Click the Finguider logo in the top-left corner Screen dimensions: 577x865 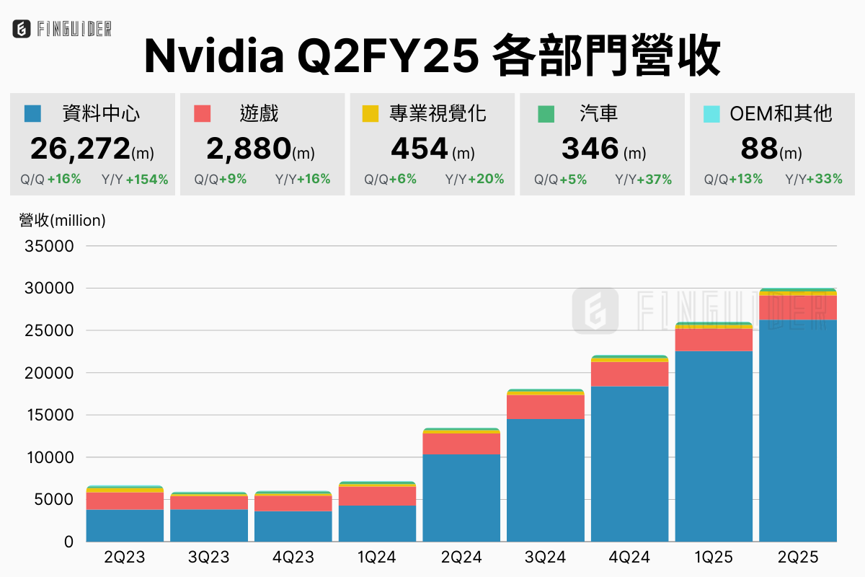[62, 29]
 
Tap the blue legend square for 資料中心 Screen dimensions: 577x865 [32, 113]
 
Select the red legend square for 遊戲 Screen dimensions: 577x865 [203, 113]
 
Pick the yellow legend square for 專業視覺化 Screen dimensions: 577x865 [371, 113]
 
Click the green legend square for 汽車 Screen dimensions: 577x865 [546, 113]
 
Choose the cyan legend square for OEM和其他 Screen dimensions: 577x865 [711, 113]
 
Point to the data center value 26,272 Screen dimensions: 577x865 [80, 149]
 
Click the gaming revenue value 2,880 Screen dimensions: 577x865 [249, 149]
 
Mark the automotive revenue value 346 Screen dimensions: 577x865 [590, 149]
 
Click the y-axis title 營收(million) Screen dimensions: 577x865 [62, 221]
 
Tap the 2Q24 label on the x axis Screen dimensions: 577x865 [461, 558]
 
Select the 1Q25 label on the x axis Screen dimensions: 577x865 [714, 558]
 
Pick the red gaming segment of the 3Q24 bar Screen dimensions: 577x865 [546, 407]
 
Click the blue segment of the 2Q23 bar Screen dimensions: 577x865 [125, 526]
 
